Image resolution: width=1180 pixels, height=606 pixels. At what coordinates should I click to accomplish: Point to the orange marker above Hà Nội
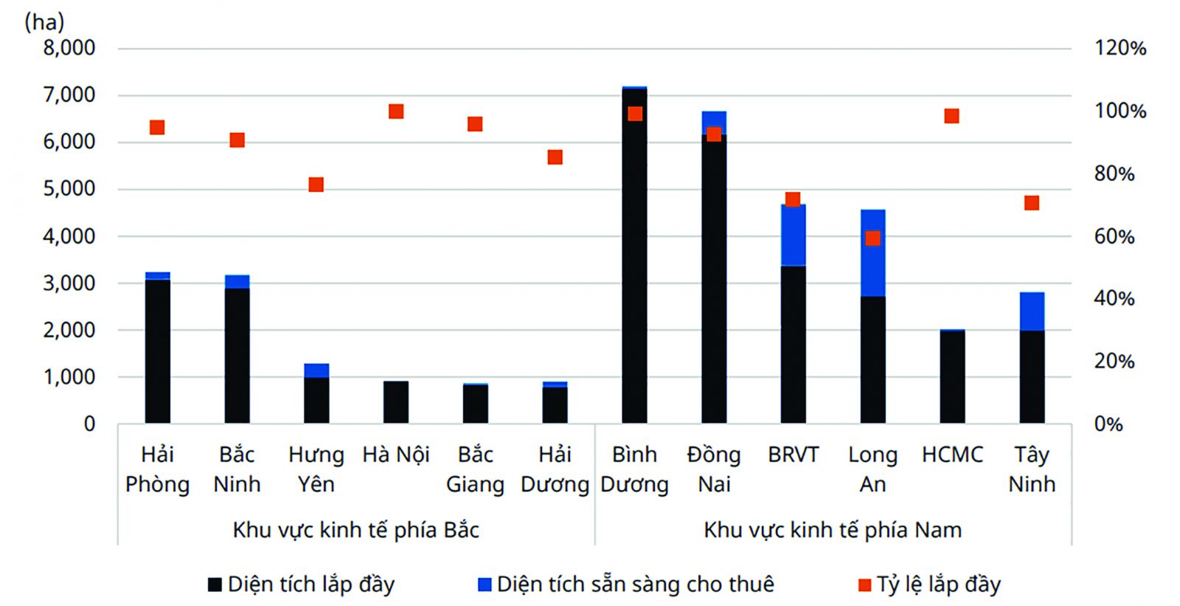point(396,111)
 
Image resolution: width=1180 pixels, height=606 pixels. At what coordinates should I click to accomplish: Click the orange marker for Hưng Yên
point(316,185)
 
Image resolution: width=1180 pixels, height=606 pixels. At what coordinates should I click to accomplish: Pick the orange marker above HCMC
point(951,116)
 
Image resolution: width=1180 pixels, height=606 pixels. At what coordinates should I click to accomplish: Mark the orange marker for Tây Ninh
point(1032,203)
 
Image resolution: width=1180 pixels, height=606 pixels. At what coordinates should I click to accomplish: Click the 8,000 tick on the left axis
point(69,48)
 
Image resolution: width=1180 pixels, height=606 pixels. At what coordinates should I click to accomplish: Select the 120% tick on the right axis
point(1120,49)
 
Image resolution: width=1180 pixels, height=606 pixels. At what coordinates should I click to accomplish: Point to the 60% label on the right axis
point(1114,237)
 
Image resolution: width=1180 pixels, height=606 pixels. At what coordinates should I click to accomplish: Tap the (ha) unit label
point(44,22)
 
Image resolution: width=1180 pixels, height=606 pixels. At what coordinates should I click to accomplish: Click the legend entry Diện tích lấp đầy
point(302,585)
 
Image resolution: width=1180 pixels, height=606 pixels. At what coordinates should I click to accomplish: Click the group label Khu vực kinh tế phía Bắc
point(355,530)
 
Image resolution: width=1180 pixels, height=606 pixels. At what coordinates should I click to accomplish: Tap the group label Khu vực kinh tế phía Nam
point(833,530)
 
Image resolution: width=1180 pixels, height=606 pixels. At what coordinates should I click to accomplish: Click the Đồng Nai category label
point(714,469)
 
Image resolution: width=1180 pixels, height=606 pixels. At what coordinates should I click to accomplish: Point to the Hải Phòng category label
point(157,469)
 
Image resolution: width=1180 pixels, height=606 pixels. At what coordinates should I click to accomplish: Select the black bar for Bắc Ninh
point(237,355)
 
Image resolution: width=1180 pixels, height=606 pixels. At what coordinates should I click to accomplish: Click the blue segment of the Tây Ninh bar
point(1032,311)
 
